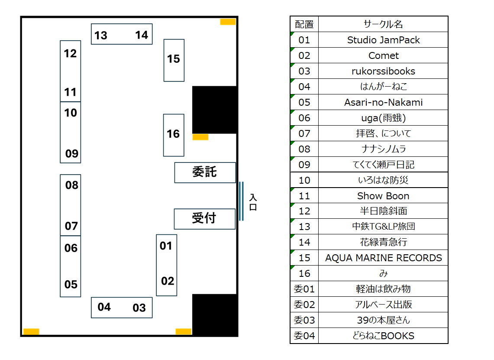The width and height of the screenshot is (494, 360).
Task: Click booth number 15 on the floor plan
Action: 174,59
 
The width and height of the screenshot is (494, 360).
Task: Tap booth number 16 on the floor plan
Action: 173,134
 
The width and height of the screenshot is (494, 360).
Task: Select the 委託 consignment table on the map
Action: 205,172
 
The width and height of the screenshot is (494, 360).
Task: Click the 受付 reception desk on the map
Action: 204,218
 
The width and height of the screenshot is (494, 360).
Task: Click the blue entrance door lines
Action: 241,201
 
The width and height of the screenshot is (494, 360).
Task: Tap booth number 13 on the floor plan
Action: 101,35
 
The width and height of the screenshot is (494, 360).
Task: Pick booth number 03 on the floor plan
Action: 139,308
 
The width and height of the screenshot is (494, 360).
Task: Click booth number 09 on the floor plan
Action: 72,153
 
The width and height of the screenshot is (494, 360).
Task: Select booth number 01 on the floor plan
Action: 166,246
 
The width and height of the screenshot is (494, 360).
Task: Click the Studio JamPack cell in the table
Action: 383,40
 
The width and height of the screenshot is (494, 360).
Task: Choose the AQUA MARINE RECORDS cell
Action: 383,258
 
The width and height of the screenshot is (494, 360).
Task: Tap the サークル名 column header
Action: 383,24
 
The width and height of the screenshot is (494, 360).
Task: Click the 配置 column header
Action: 304,24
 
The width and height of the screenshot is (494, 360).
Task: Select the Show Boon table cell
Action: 383,196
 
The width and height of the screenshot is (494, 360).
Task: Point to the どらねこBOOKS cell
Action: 383,336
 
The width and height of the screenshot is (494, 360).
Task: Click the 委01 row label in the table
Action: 304,289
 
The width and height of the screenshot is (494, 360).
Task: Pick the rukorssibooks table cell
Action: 383,71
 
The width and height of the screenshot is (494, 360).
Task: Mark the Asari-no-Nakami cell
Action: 383,102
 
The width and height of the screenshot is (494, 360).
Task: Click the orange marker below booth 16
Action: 200,137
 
